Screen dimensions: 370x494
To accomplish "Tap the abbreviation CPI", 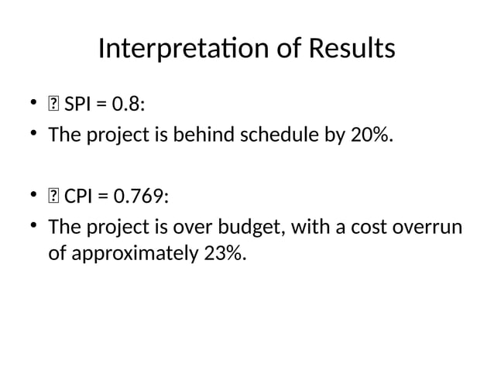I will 78,196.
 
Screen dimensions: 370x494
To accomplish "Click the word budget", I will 233,228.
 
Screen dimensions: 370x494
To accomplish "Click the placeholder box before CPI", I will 54,196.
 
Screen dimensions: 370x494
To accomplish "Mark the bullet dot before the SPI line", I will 34,102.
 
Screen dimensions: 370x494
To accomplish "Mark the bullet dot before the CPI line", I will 34,195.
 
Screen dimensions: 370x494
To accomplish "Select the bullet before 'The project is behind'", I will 34,135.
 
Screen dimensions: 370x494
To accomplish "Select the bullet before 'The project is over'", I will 34,228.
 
